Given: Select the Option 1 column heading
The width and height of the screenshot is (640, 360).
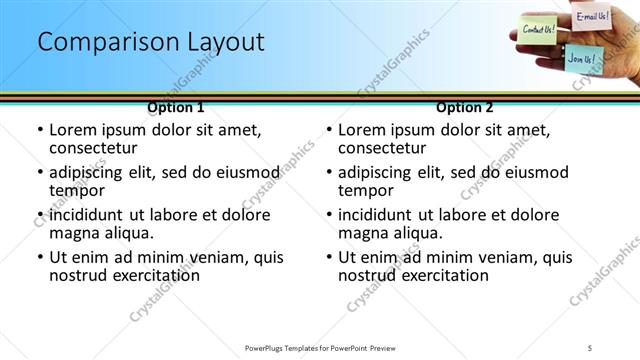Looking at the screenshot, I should [x=175, y=106].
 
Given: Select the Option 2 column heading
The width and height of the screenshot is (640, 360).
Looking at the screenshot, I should [x=465, y=106].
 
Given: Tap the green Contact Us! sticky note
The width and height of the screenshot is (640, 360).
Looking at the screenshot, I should [x=540, y=29].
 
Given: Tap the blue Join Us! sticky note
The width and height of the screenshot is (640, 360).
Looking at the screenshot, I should [x=581, y=59].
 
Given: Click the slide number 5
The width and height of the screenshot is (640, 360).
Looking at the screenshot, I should [x=589, y=347].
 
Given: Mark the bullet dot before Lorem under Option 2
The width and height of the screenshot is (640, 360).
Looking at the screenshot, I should [x=329, y=131].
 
